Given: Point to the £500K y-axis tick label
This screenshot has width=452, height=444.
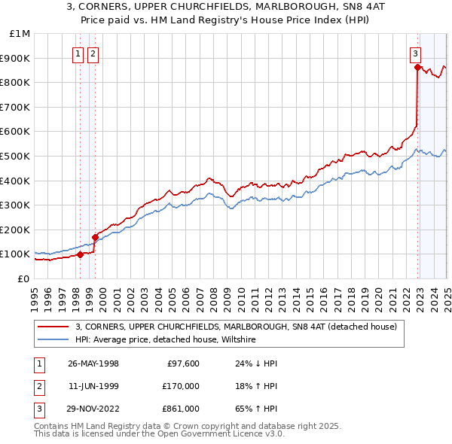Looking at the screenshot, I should pyautogui.click(x=16, y=156).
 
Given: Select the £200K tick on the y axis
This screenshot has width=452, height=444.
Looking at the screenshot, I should pyautogui.click(x=16, y=230).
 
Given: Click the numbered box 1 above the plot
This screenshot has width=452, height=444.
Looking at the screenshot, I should pyautogui.click(x=78, y=53).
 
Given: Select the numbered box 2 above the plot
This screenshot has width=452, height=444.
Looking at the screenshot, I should pyautogui.click(x=93, y=53).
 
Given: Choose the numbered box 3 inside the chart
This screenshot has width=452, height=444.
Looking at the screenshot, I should pyautogui.click(x=415, y=53).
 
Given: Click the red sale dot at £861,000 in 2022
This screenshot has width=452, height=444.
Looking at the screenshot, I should pyautogui.click(x=417, y=67).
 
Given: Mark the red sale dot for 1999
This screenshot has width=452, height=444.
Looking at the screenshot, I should pyautogui.click(x=95, y=237).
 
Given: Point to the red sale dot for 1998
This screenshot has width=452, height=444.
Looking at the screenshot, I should pyautogui.click(x=81, y=254).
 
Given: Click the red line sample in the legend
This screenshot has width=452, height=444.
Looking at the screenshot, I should pyautogui.click(x=53, y=327).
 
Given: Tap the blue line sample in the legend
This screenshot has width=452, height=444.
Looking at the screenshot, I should pyautogui.click(x=53, y=340).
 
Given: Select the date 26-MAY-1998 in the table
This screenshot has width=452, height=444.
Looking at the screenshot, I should pyautogui.click(x=93, y=363).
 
